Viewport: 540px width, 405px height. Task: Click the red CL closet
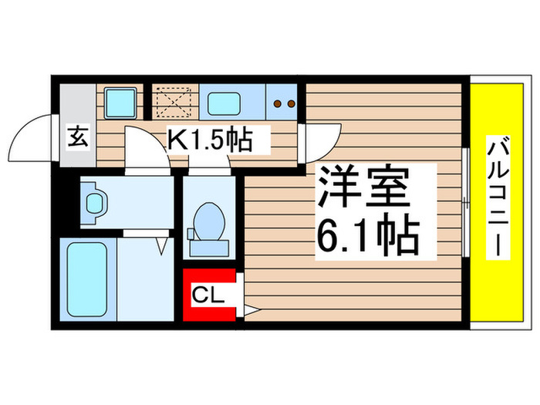click(x=208, y=295)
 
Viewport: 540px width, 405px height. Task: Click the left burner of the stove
click(x=278, y=103)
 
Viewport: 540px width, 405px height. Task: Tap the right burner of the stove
click(x=291, y=103)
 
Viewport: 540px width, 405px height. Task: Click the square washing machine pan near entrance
click(x=119, y=101)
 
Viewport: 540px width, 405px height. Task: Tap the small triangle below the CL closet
click(x=248, y=311)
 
